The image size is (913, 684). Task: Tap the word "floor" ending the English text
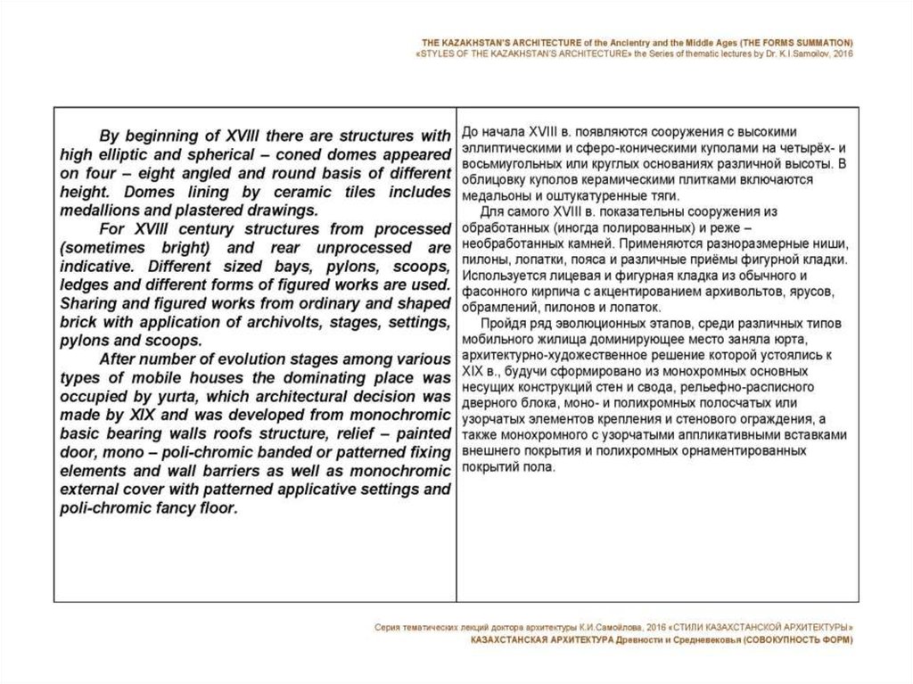pyautogui.click(x=212, y=509)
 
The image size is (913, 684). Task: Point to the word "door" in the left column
pyautogui.click(x=76, y=453)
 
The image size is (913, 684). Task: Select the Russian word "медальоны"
pyautogui.click(x=496, y=195)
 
